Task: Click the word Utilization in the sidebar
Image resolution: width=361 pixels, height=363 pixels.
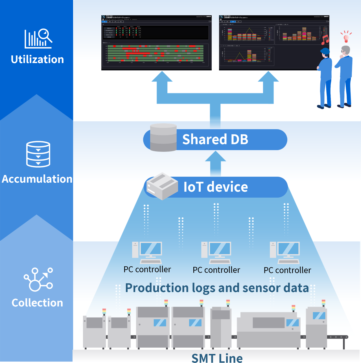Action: pos(37,59)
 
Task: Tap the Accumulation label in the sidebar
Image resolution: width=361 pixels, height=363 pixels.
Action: pos(37,179)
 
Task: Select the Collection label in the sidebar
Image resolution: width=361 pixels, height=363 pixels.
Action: pos(37,303)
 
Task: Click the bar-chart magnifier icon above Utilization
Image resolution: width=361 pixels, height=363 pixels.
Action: pos(38,38)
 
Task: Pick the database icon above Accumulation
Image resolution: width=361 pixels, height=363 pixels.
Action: pos(38,154)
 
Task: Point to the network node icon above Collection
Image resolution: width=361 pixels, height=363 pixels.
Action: pos(38,279)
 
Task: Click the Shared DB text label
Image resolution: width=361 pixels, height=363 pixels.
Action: pos(215,139)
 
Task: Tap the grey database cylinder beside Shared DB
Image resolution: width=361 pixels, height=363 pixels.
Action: pos(163,137)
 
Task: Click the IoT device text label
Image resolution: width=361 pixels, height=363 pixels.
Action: pos(216,187)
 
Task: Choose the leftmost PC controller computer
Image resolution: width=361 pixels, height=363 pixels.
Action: pos(147,252)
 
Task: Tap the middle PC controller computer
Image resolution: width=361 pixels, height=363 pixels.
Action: pos(216,252)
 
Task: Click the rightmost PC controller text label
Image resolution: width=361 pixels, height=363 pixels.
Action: pos(287,270)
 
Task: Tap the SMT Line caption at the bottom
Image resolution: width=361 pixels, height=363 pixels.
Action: pos(217,358)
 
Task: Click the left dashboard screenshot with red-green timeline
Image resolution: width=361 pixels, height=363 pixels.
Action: pos(156,43)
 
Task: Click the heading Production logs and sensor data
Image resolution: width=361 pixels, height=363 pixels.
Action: pos(217,288)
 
